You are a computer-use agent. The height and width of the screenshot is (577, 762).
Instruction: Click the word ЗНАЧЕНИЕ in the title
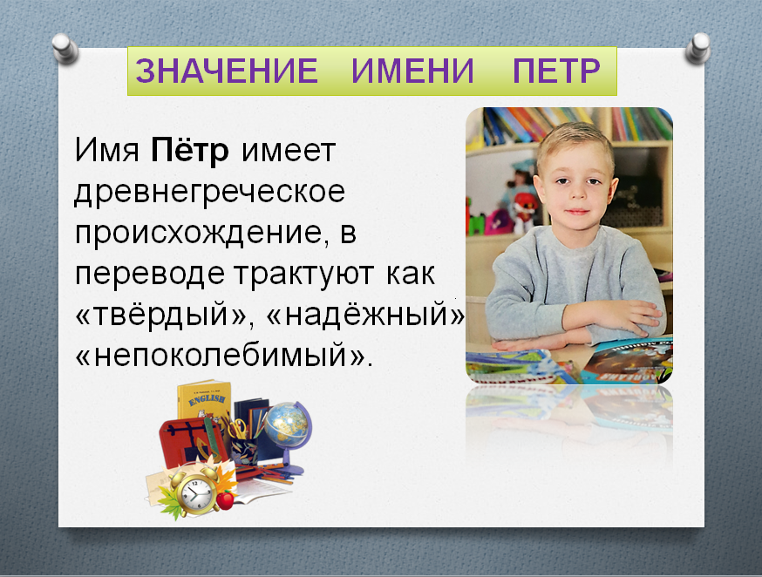(x=227, y=71)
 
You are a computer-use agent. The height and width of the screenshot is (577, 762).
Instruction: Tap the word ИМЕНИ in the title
(x=412, y=71)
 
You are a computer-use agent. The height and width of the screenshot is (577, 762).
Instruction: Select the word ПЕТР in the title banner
(x=556, y=71)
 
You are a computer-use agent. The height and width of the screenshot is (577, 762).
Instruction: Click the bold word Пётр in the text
(x=190, y=150)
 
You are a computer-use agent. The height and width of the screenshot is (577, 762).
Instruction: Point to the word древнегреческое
(x=209, y=193)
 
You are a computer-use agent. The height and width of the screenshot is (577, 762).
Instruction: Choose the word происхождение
(x=198, y=234)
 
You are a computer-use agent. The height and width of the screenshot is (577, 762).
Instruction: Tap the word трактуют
(x=303, y=274)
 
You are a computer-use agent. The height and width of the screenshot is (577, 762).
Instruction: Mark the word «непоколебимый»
(x=224, y=355)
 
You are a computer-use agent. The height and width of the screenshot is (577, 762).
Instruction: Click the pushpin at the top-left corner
(x=65, y=49)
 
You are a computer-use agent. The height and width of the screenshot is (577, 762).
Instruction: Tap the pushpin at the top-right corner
(x=698, y=49)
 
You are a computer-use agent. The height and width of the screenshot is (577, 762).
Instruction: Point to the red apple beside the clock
(x=226, y=499)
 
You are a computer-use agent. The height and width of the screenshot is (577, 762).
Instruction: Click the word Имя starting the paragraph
(x=107, y=150)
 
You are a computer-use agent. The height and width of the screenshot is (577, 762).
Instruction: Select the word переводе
(x=150, y=275)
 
